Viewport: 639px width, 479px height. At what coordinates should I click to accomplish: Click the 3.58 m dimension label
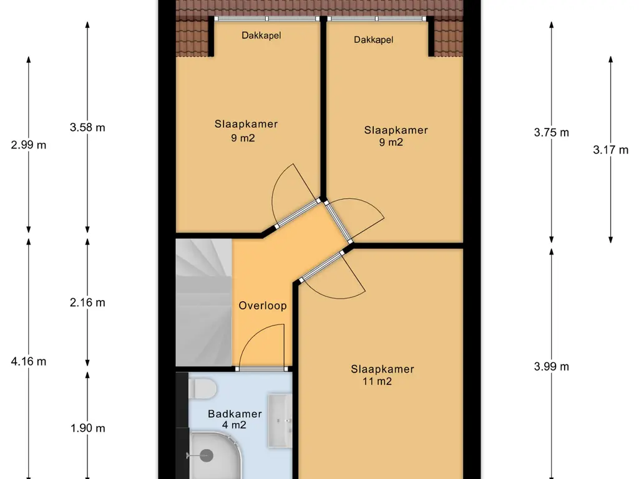pos(87,127)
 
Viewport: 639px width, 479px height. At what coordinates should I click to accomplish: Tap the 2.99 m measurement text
pos(29,145)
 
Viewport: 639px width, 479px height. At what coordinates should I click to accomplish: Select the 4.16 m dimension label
pos(29,361)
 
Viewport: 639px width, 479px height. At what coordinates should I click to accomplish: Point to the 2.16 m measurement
pos(87,302)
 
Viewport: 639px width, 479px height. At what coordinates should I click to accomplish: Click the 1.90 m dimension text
pos(87,428)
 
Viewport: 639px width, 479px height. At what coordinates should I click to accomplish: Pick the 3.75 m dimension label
pos(552,132)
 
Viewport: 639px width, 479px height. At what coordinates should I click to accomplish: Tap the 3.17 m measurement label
pos(610,150)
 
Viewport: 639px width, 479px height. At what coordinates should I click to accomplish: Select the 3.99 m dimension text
pos(552,367)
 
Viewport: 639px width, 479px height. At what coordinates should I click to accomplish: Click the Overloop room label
pos(263,306)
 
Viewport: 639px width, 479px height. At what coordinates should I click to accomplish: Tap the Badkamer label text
pos(235,414)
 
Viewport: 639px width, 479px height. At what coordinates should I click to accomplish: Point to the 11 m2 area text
pos(377,381)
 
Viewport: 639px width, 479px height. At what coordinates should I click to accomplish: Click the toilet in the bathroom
pos(203,389)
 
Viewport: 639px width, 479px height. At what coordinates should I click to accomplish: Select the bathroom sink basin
pos(280,420)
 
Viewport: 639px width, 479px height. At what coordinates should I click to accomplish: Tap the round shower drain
pos(207,455)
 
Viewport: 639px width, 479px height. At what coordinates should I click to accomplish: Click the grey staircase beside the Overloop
pos(204,302)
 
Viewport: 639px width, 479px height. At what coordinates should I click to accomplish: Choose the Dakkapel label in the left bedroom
pos(261,36)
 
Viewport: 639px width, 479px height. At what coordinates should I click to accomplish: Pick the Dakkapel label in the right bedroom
pos(373,40)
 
